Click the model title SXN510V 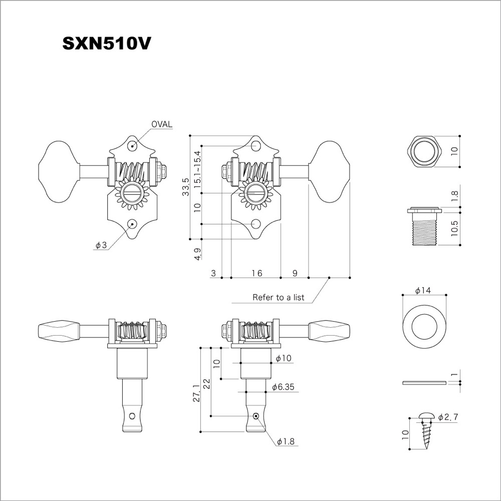[106, 44]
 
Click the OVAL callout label [162, 124]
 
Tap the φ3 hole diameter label [101, 245]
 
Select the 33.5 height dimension [186, 187]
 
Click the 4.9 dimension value [197, 254]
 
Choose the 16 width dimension [257, 273]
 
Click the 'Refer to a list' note [278, 297]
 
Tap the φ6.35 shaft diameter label [283, 387]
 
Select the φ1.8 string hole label [286, 441]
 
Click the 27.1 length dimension [196, 393]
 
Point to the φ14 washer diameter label [423, 290]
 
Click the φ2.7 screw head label [448, 417]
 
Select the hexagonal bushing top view [424, 151]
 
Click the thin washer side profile [424, 382]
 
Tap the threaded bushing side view [424, 226]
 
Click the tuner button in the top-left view [59, 171]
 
